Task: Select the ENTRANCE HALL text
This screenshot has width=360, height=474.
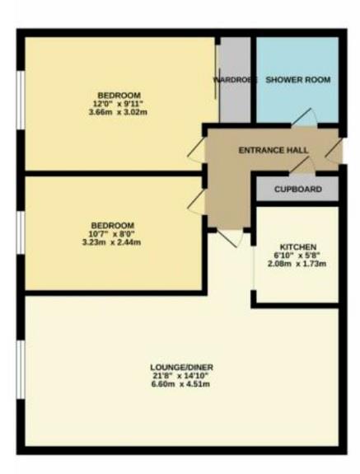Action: click(x=273, y=150)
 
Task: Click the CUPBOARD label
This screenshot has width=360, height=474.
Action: click(x=297, y=189)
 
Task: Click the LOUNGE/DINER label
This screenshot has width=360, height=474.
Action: click(x=176, y=367)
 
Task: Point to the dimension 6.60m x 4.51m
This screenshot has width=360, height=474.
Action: click(x=176, y=386)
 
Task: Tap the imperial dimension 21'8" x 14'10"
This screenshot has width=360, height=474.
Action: click(x=176, y=377)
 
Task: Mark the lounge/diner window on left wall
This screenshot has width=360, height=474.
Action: click(x=20, y=379)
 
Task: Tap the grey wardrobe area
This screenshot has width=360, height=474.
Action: click(x=234, y=103)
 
